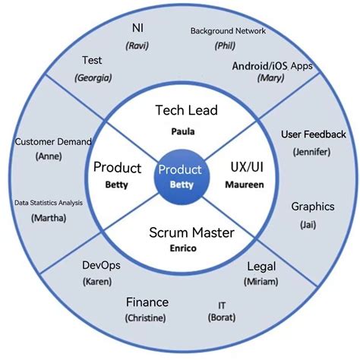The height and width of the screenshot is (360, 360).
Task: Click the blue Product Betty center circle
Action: (179, 177)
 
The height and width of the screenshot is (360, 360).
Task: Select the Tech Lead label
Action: (186, 111)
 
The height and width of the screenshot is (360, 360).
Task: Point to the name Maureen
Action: (245, 185)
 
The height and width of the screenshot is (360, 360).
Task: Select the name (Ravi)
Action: (137, 46)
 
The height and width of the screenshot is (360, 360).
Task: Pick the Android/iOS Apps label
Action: (270, 66)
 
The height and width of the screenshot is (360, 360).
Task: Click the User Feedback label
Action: (313, 134)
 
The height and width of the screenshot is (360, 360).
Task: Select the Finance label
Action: (147, 302)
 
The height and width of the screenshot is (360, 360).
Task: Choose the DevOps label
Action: (99, 265)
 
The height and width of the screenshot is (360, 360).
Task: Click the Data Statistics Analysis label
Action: (49, 203)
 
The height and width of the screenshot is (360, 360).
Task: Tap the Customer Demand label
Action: (53, 141)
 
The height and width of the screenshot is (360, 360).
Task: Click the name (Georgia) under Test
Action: (93, 77)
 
